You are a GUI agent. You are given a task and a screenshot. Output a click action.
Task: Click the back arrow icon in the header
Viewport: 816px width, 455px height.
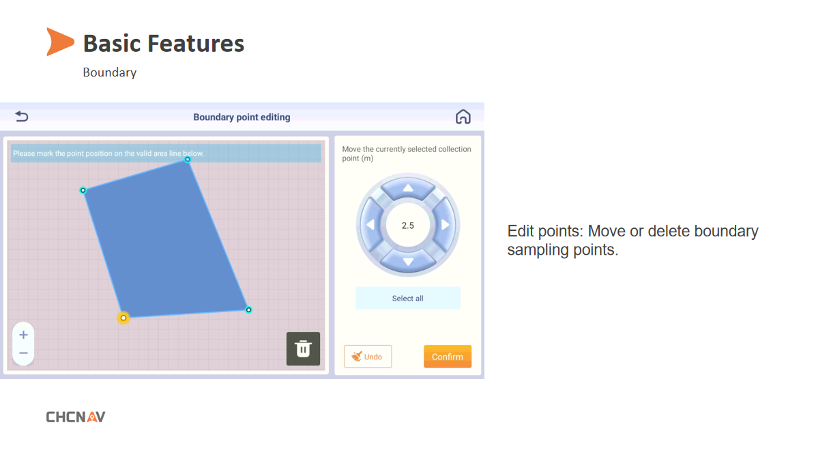(22, 116)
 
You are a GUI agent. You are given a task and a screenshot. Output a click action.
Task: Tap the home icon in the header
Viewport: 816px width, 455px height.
(463, 117)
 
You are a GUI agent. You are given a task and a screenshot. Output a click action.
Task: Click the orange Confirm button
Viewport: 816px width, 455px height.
(447, 357)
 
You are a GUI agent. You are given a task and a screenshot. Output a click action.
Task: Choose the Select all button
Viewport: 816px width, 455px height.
(407, 298)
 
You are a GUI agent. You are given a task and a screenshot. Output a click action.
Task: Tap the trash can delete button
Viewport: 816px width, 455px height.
(303, 348)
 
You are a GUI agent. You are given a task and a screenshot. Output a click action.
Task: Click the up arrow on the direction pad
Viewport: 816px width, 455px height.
(408, 188)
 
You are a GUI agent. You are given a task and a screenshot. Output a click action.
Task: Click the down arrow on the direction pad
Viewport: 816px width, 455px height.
(408, 262)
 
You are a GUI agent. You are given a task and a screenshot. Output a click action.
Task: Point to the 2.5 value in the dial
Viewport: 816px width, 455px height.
(407, 225)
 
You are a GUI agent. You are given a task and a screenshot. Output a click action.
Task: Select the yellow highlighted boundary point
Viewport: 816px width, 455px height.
(123, 318)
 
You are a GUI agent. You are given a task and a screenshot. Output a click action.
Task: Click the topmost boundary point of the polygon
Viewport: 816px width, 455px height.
(188, 159)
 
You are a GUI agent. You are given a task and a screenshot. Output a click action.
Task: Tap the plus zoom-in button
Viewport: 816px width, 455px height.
(23, 335)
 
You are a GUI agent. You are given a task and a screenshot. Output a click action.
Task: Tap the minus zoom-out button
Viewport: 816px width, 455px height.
(23, 353)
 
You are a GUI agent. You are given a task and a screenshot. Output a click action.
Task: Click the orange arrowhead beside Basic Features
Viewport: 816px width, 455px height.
(59, 42)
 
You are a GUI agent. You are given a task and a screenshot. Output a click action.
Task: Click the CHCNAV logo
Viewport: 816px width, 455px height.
(76, 417)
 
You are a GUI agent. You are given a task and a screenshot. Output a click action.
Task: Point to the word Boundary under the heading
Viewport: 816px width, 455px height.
(109, 72)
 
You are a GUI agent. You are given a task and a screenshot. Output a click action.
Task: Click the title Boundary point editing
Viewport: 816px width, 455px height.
(242, 118)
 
